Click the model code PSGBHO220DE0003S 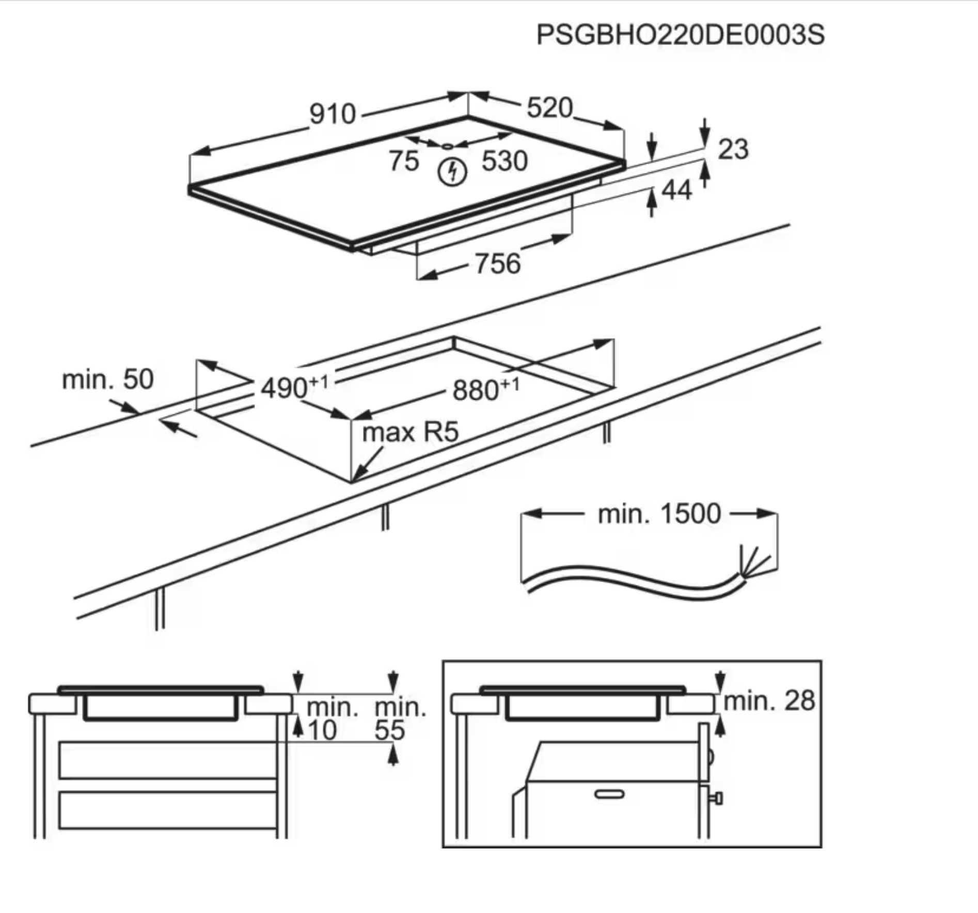point(680,35)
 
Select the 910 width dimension point(333,114)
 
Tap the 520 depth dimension point(549,108)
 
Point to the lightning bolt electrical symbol point(452,172)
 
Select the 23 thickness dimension point(733,149)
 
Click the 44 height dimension point(676,190)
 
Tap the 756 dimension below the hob point(498,264)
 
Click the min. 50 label point(108,380)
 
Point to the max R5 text point(410,432)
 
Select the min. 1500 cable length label point(659,514)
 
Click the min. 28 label point(769,701)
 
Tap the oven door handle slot point(609,794)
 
